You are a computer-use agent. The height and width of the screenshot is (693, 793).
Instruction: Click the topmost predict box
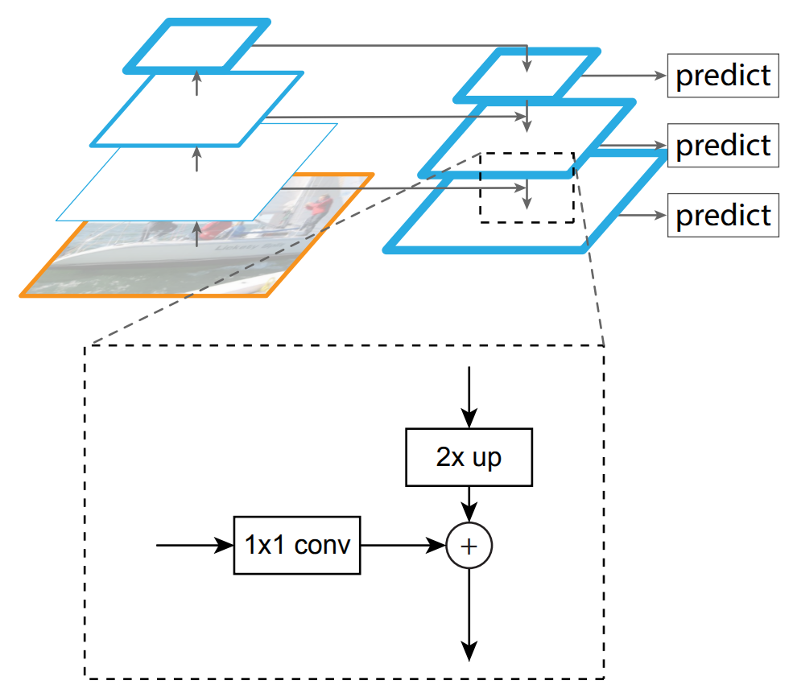tap(723, 76)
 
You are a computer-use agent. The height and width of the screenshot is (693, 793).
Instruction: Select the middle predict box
tap(723, 146)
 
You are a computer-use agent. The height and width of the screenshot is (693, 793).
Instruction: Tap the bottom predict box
tap(723, 215)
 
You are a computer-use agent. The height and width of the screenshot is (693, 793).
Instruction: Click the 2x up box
tap(469, 457)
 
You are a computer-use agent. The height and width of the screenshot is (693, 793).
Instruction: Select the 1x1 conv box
tap(297, 545)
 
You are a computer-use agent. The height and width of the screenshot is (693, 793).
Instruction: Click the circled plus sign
tap(469, 545)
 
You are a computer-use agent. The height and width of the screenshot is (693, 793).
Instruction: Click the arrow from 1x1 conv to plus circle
tap(403, 545)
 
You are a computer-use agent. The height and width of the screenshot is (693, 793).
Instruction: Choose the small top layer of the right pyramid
tap(527, 76)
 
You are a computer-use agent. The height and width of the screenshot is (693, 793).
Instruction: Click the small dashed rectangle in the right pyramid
tap(527, 187)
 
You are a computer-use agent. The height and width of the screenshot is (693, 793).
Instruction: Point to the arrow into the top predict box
tap(624, 76)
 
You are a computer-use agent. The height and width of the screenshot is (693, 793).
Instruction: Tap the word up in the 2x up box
tap(486, 457)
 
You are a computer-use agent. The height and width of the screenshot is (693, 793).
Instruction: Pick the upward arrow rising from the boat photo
tap(196, 233)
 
